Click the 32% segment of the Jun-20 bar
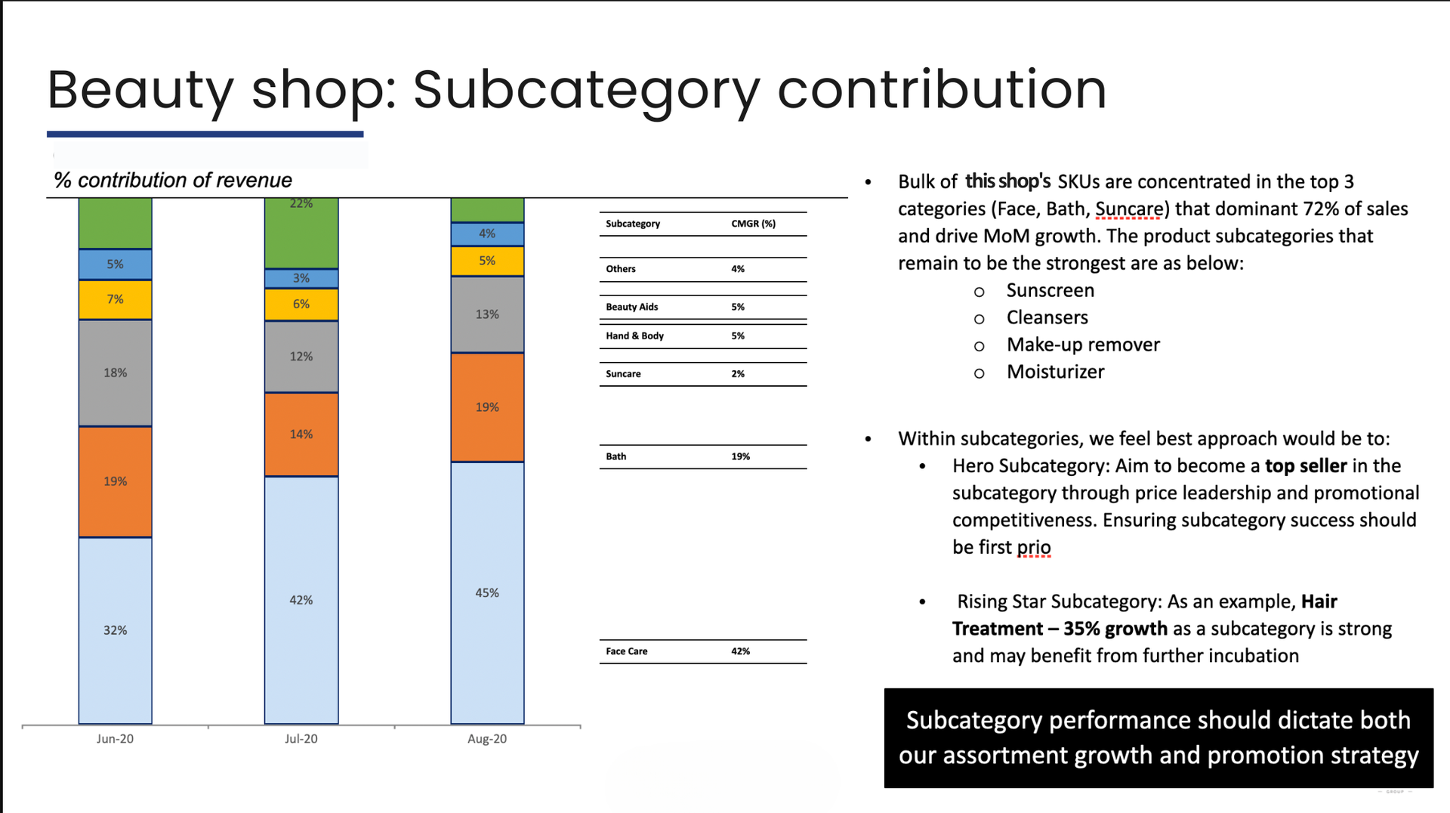coord(115,630)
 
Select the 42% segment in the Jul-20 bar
coord(301,600)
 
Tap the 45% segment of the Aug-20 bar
coord(487,593)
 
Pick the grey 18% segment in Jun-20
coord(115,372)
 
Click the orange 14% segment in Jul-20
coord(301,434)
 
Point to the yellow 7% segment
coord(115,299)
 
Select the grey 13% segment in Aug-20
coord(487,314)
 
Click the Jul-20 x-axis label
coord(301,739)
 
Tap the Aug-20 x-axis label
coord(487,739)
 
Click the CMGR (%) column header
coord(754,224)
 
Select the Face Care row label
coord(627,651)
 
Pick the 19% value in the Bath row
coord(741,456)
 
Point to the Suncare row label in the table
coord(623,374)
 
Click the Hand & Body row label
coord(635,336)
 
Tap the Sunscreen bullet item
coord(1050,291)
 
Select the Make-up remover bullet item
coord(1083,345)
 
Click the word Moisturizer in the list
coord(1056,372)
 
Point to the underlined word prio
coord(1034,547)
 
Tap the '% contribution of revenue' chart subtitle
coord(173,181)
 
